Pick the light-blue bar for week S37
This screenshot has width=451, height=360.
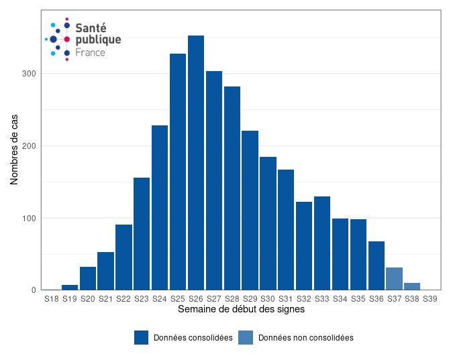pyautogui.click(x=395, y=279)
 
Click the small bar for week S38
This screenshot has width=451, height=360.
pyautogui.click(x=412, y=286)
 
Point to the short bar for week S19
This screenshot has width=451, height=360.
pyautogui.click(x=70, y=288)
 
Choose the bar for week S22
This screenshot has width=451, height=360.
pyautogui.click(x=123, y=257)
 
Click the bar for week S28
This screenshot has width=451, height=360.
pyautogui.click(x=232, y=188)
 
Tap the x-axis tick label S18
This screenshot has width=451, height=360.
pyautogui.click(x=52, y=298)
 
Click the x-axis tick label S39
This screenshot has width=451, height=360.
pyautogui.click(x=430, y=298)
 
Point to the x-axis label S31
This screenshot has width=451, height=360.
pyautogui.click(x=286, y=298)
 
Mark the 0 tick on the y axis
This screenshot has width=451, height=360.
pyautogui.click(x=33, y=290)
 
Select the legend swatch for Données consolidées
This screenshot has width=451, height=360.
pyautogui.click(x=141, y=338)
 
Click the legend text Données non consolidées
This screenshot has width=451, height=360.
pyautogui.click(x=305, y=338)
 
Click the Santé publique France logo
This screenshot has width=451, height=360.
pyautogui.click(x=82, y=40)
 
